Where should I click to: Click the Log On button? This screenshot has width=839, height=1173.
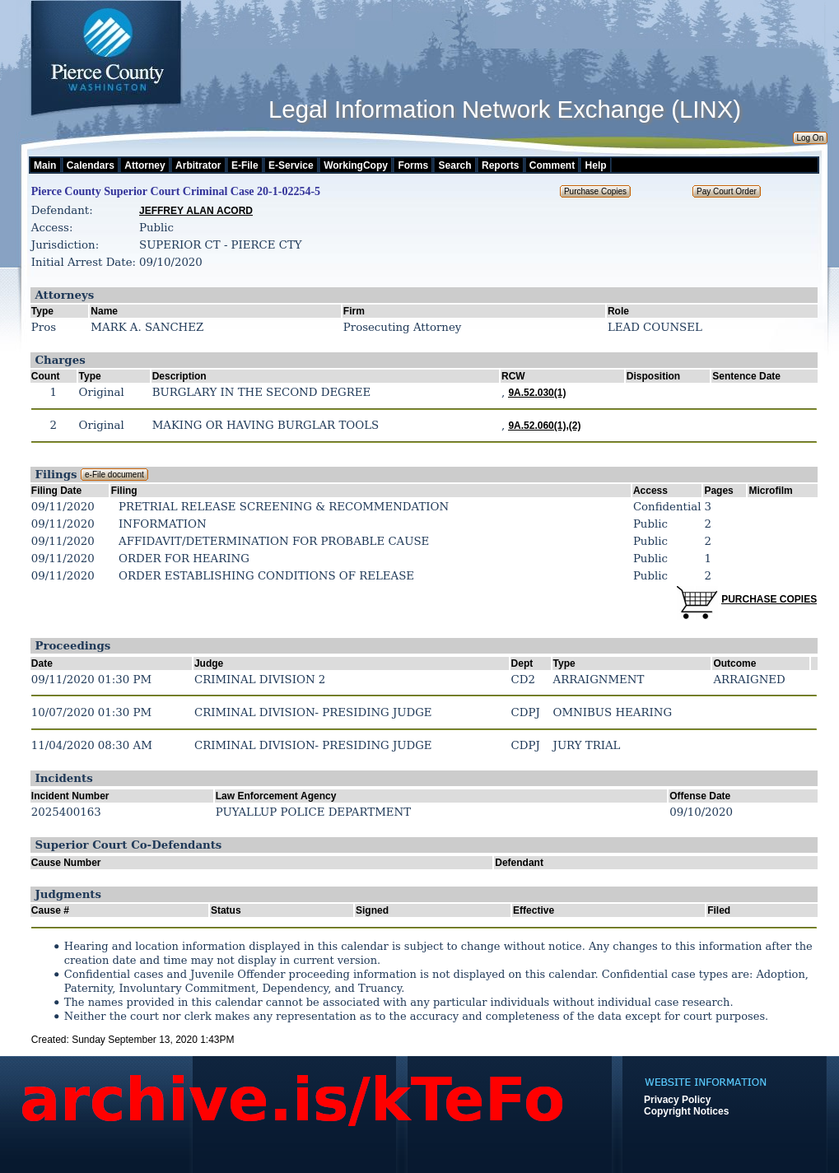[x=809, y=138]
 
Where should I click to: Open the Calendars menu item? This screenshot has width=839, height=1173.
[x=90, y=165]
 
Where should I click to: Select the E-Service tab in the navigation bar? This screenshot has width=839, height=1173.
[x=291, y=165]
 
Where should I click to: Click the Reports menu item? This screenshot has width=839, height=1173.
[x=500, y=165]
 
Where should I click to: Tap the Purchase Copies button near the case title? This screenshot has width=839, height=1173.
[x=595, y=192]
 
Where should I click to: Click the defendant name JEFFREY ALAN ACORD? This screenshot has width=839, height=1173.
[x=196, y=211]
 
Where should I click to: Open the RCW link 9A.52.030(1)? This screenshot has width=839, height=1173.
[x=537, y=393]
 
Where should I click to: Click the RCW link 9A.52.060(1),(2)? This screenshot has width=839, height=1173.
[x=544, y=426]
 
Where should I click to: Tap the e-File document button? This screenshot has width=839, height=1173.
[x=114, y=475]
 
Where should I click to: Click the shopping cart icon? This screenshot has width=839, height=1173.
[x=697, y=602]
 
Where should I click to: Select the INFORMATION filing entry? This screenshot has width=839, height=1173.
[x=162, y=524]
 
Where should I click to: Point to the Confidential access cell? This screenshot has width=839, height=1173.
[x=667, y=506]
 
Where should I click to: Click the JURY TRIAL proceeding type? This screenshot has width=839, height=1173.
[x=586, y=745]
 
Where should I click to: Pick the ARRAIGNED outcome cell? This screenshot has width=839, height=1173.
[x=748, y=679]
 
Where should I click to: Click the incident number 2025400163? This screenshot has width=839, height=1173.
[x=66, y=812]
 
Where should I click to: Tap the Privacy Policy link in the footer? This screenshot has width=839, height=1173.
[x=677, y=1100]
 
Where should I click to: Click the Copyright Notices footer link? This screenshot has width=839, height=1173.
[x=686, y=1111]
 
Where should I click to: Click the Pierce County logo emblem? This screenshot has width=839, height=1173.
[x=108, y=34]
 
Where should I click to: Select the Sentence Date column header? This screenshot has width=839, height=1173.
[x=746, y=376]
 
